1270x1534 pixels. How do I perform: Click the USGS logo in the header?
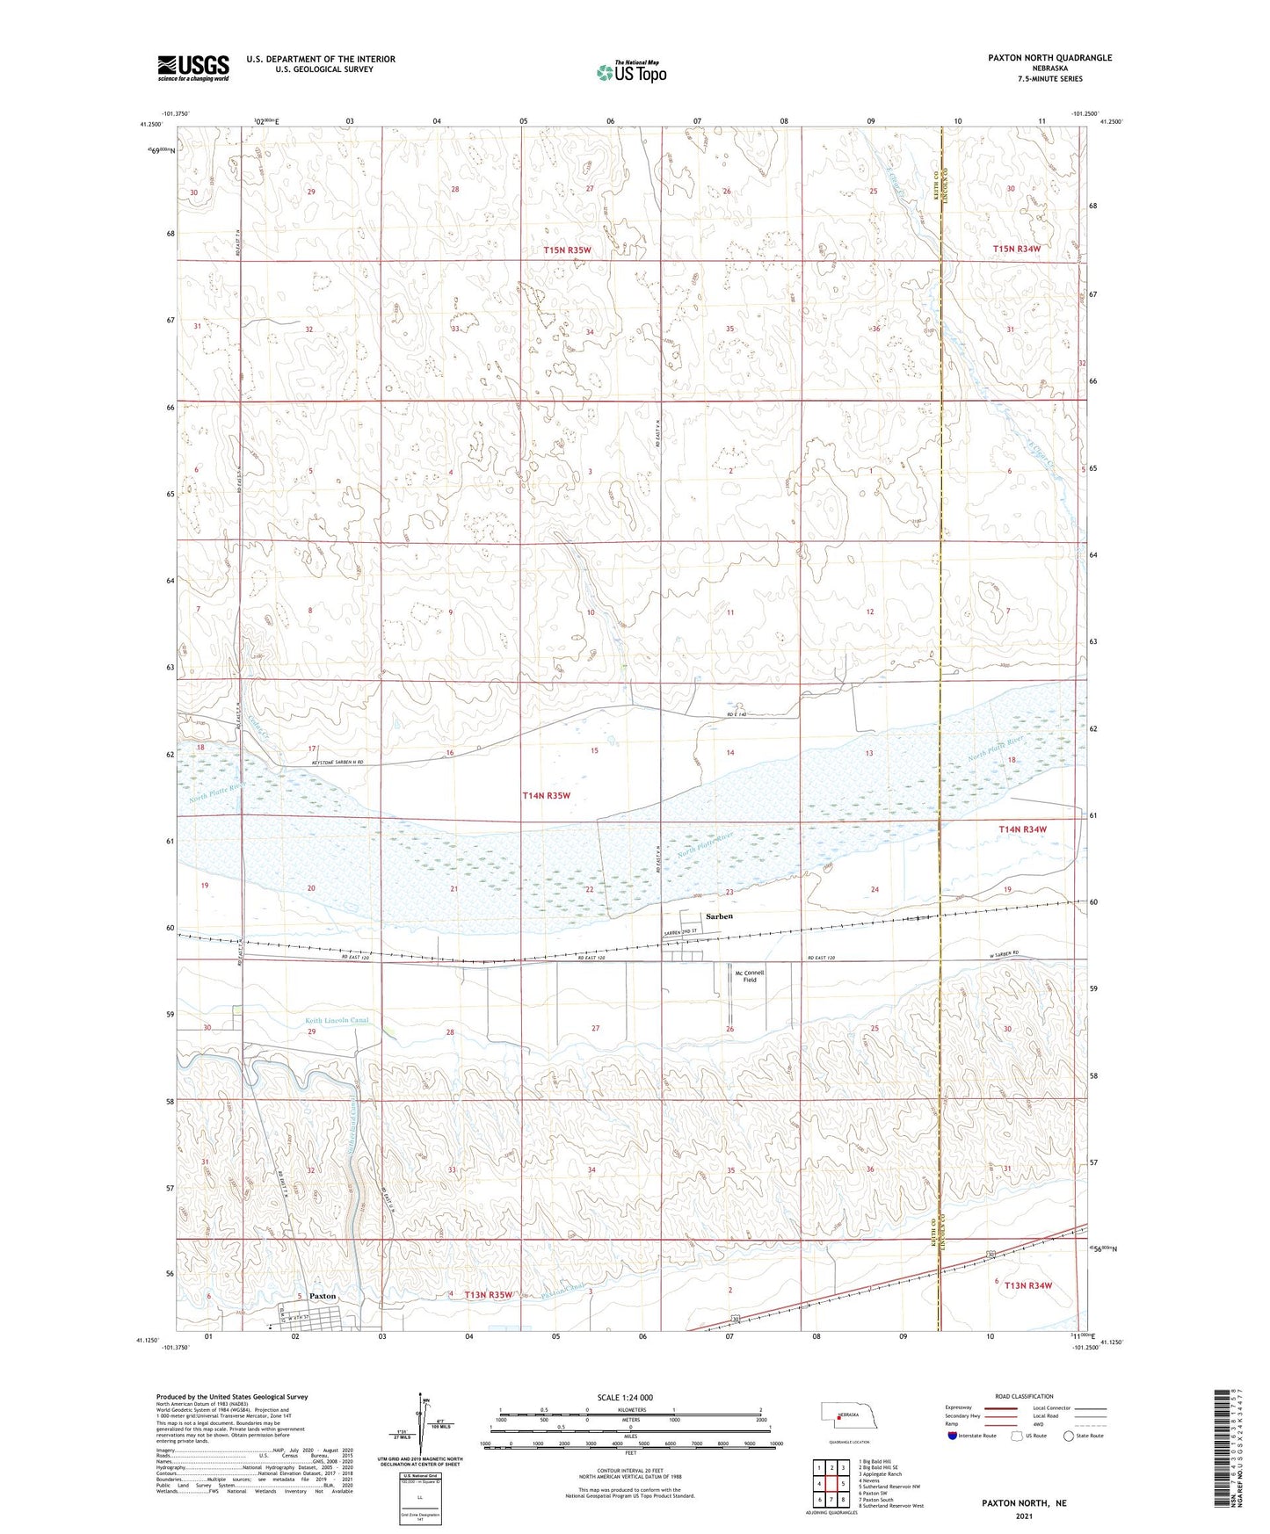(x=192, y=68)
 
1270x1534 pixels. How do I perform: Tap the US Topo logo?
(x=630, y=72)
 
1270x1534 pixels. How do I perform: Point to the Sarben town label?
(x=719, y=916)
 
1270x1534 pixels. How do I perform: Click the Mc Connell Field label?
(x=749, y=976)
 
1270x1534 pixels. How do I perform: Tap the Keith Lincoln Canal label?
(x=337, y=1021)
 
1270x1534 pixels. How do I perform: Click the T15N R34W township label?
(x=1016, y=249)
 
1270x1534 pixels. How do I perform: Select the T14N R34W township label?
(x=1022, y=829)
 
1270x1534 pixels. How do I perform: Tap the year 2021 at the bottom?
(x=1023, y=1516)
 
